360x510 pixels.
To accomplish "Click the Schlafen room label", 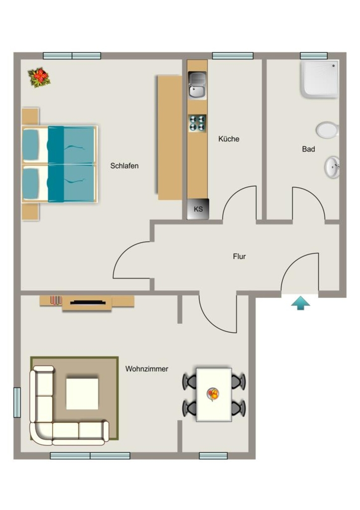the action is point(124,166).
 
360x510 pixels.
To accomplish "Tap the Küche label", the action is point(229,139).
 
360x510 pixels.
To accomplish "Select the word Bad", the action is point(309,149).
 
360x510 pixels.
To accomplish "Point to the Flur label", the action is point(240,256).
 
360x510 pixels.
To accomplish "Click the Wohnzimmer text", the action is point(147,369).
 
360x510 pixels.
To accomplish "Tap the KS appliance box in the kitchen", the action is point(198,209).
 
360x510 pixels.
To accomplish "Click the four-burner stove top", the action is point(197,123).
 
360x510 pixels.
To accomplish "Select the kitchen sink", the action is point(197,86).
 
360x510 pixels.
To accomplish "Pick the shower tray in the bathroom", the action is point(320,79).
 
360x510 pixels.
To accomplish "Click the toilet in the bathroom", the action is point(328,130).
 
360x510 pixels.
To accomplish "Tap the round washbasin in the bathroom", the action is point(332,167).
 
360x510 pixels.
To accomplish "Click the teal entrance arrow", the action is point(300,303).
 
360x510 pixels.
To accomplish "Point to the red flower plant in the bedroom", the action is point(40,77).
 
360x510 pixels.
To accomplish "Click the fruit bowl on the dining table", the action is point(213,394).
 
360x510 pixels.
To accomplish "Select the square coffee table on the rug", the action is point(82,393).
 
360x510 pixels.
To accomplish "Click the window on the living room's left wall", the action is point(17,402).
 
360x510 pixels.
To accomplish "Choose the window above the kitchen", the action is point(233,56).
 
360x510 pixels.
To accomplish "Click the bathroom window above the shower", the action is point(314,56).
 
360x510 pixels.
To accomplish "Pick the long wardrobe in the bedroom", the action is point(170,137).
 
